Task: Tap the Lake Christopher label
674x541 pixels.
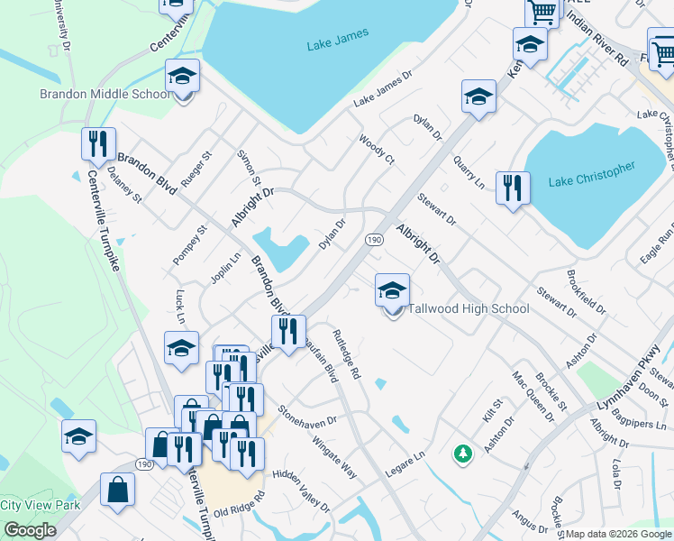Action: pyautogui.click(x=591, y=175)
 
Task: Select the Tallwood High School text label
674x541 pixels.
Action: pyautogui.click(x=469, y=308)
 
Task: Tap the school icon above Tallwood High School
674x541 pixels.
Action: pyautogui.click(x=392, y=291)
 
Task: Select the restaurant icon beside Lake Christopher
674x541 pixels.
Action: pyautogui.click(x=513, y=188)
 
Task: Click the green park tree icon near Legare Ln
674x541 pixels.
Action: pyautogui.click(x=463, y=453)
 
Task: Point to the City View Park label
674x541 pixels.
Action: pyautogui.click(x=40, y=505)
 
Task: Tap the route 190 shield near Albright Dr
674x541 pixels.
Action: pyautogui.click(x=373, y=239)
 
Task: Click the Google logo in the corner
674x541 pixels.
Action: pyautogui.click(x=30, y=530)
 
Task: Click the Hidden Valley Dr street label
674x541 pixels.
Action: pyautogui.click(x=301, y=489)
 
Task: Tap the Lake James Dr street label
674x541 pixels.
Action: pyautogui.click(x=382, y=89)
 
